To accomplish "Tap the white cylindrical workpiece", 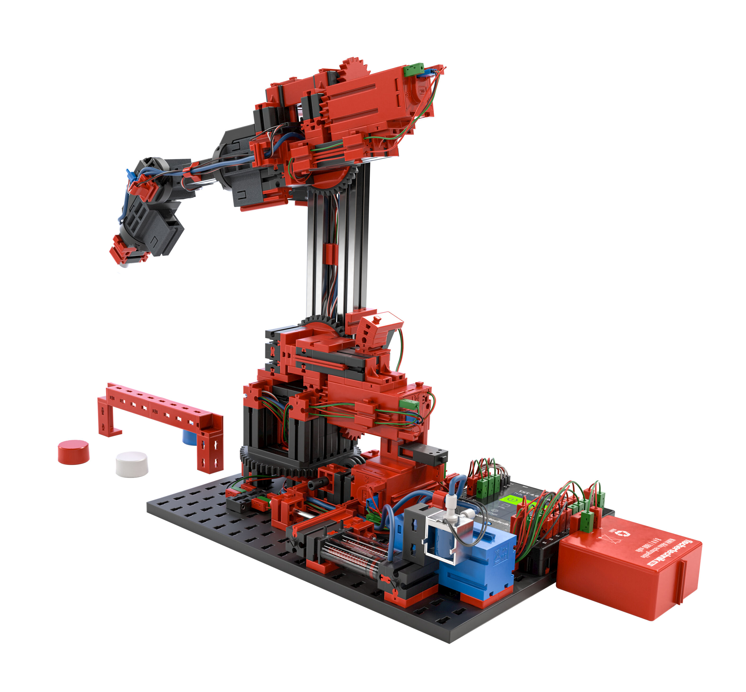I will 132,464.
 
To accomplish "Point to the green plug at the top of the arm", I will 414,69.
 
